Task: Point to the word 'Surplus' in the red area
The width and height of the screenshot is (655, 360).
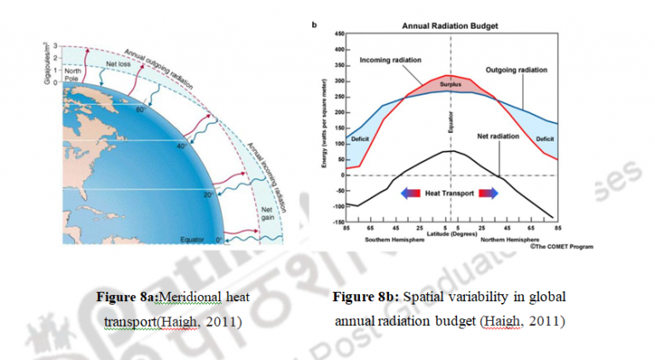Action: pyautogui.click(x=451, y=86)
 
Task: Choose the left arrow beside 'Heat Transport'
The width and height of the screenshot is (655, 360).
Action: pyautogui.click(x=411, y=194)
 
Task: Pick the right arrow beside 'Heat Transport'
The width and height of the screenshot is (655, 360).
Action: pyautogui.click(x=492, y=194)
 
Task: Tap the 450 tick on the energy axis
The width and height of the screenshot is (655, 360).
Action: pyautogui.click(x=339, y=33)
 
